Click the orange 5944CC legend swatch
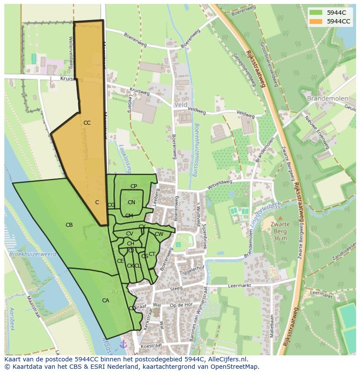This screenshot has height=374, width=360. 317,21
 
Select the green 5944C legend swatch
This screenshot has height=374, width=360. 317,13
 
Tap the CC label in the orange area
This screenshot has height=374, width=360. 87,123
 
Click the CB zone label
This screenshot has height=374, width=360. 69,225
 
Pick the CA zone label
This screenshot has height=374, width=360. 106,301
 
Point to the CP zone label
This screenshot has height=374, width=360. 133,186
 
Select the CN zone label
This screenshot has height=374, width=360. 131,202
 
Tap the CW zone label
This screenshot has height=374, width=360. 159,234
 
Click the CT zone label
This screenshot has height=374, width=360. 152,254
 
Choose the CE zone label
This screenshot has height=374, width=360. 120,261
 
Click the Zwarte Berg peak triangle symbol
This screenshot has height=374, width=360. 280,218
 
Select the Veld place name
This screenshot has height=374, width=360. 180,105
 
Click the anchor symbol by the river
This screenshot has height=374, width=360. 123,344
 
